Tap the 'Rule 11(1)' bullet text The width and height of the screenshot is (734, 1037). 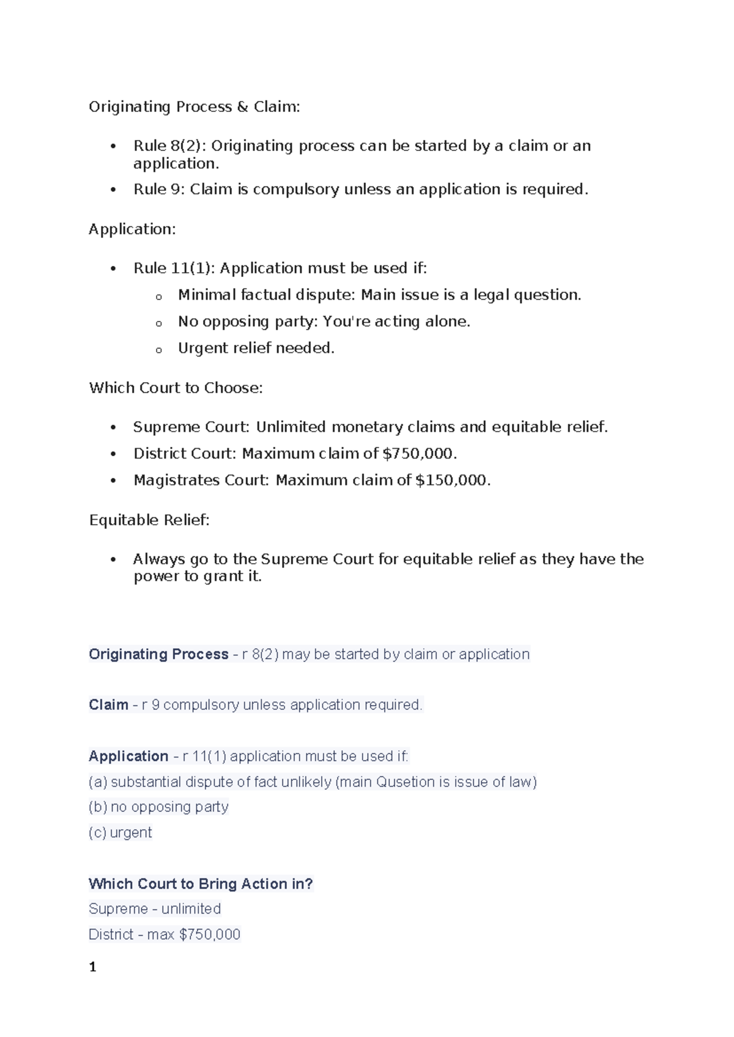pos(174,268)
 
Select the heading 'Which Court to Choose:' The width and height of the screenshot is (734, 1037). pos(176,388)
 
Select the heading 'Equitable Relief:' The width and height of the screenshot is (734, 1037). pos(149,520)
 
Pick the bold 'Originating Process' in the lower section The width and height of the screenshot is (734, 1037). pos(158,654)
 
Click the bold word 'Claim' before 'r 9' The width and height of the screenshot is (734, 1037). pos(108,705)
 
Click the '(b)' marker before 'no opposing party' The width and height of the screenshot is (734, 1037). pos(98,807)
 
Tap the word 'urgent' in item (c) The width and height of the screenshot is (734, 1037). pos(131,833)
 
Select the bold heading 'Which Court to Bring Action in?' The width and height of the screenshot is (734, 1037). pos(201,884)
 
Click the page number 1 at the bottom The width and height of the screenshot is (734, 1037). pos(92,967)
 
